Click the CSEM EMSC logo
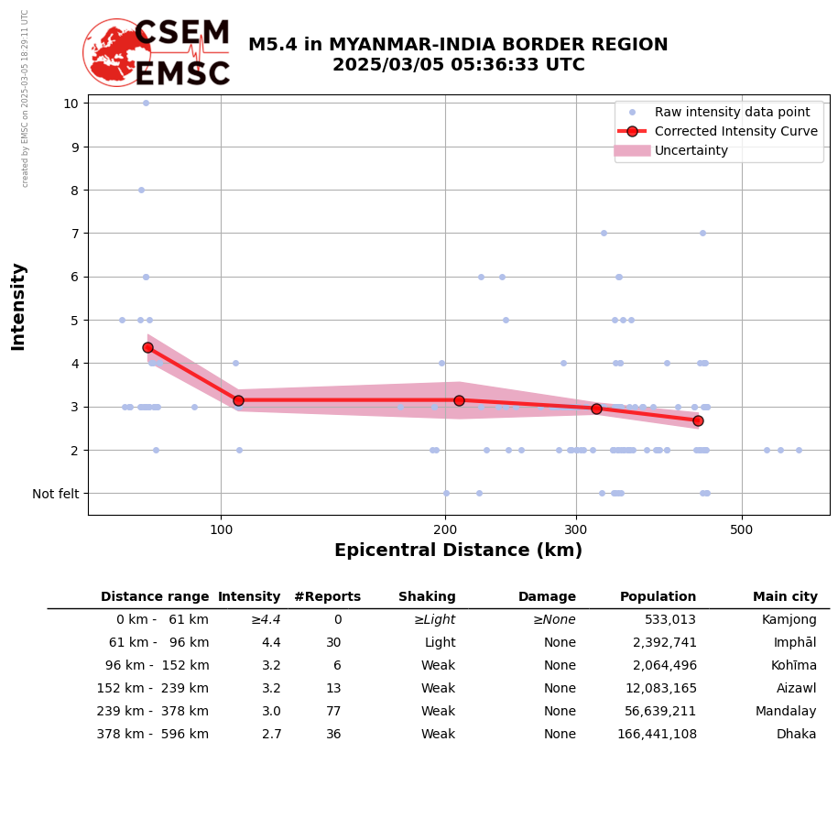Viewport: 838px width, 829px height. pos(157,53)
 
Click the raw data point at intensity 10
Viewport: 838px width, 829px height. pos(146,103)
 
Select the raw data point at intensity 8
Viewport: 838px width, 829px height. pos(141,190)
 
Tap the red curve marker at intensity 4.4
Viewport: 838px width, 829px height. pos(147,347)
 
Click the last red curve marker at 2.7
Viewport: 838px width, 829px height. pos(698,420)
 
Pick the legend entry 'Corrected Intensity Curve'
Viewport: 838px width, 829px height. pos(735,131)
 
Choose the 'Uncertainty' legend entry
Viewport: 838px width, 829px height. pos(691,150)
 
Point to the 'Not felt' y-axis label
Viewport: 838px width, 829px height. pos(55,494)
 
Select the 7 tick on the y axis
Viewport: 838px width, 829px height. pos(71,234)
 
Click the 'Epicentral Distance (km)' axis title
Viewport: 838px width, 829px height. pos(458,551)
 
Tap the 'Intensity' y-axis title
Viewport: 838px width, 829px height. pos(18,307)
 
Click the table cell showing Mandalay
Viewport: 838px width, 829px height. pos(786,712)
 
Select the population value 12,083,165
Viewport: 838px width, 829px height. pos(660,689)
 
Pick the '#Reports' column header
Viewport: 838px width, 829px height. pos(327,597)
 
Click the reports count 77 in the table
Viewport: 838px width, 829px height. pos(332,712)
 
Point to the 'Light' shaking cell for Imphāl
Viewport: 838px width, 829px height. pos(440,643)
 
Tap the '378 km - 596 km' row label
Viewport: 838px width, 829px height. pos(153,735)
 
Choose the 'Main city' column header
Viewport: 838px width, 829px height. pos(785,597)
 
